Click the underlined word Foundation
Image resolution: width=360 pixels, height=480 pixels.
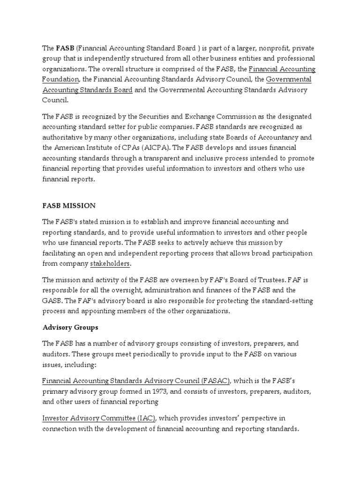pos(60,79)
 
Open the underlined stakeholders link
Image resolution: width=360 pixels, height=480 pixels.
pos(110,263)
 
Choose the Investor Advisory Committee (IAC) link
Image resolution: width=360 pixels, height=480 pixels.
pos(98,418)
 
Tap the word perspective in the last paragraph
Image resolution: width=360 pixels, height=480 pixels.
pos(260,418)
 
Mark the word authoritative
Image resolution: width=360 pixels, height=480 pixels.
pos(65,137)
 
